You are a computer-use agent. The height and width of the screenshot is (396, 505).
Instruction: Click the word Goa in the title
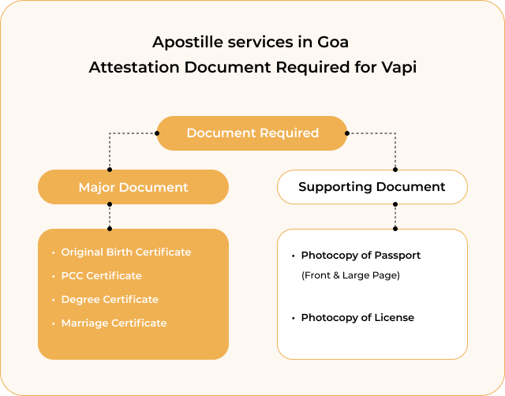pyautogui.click(x=333, y=42)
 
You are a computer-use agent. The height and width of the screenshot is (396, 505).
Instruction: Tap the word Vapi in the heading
pyautogui.click(x=399, y=67)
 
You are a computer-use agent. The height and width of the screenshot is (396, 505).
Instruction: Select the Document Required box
pyautogui.click(x=252, y=133)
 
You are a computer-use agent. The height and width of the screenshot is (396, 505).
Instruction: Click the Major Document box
pyautogui.click(x=133, y=187)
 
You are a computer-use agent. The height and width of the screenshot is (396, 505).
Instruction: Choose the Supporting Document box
pyautogui.click(x=372, y=187)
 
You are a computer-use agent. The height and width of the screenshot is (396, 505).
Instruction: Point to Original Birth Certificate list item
pyautogui.click(x=126, y=252)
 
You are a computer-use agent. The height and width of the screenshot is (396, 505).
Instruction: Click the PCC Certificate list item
pyautogui.click(x=102, y=276)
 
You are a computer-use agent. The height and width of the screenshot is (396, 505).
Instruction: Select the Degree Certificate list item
pyautogui.click(x=110, y=300)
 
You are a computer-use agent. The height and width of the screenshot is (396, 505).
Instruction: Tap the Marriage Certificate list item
pyautogui.click(x=114, y=323)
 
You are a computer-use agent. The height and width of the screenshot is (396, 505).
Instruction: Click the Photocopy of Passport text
pyautogui.click(x=361, y=256)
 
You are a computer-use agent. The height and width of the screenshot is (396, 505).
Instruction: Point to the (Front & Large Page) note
pyautogui.click(x=350, y=275)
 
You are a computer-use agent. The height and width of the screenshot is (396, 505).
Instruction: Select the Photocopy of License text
pyautogui.click(x=357, y=318)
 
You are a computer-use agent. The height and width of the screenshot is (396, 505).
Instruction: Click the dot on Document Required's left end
pyautogui.click(x=157, y=133)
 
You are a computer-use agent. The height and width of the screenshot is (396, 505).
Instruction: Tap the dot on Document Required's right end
pyautogui.click(x=347, y=133)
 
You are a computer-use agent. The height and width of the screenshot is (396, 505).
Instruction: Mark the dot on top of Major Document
pyautogui.click(x=110, y=170)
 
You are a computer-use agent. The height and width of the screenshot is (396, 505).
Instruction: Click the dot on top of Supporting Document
pyautogui.click(x=395, y=170)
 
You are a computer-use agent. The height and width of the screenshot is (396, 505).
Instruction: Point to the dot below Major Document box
pyautogui.click(x=110, y=204)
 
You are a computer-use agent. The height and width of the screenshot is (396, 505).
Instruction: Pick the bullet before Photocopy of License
pyautogui.click(x=293, y=319)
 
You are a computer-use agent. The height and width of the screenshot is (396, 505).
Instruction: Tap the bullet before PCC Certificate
pyautogui.click(x=53, y=276)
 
